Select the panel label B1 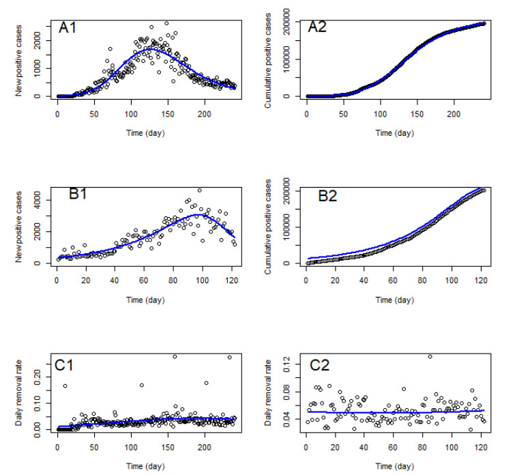(x=83, y=195)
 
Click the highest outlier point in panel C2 (x=430, y=356)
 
